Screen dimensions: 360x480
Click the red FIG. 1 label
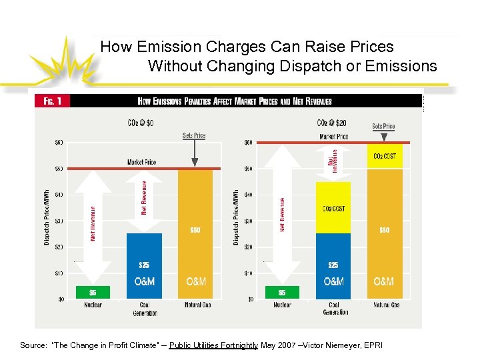(53, 101)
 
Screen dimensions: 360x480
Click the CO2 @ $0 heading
(141, 123)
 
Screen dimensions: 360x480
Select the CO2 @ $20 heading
(331, 123)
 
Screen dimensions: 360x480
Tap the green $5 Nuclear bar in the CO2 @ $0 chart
(93, 293)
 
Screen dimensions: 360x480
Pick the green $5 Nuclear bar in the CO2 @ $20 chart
(282, 293)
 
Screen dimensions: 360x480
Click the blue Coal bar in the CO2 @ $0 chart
(144, 265)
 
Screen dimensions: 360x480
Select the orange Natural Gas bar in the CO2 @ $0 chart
(195, 233)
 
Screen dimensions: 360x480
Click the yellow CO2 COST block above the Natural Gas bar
(383, 156)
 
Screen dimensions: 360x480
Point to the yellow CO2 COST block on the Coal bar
(333, 208)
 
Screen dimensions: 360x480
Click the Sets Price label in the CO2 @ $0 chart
(194, 135)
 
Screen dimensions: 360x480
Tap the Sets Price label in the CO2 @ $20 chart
(383, 126)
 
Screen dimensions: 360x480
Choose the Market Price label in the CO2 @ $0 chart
(141, 162)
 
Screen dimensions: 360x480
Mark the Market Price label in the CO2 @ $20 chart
(333, 136)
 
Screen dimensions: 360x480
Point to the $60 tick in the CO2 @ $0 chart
(59, 142)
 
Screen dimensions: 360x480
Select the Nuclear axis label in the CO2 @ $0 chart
(93, 305)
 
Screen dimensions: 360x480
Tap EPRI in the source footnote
(372, 345)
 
